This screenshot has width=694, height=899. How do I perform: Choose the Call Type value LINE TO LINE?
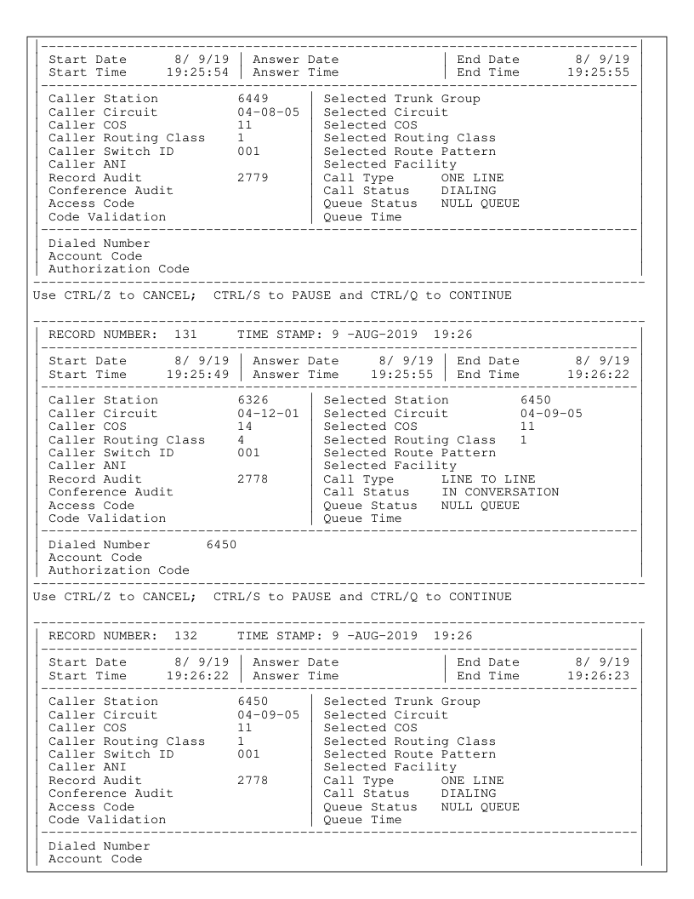(x=486, y=478)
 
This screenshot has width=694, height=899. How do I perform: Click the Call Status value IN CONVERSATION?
(x=499, y=491)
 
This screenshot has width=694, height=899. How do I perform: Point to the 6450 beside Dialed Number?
(x=220, y=544)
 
